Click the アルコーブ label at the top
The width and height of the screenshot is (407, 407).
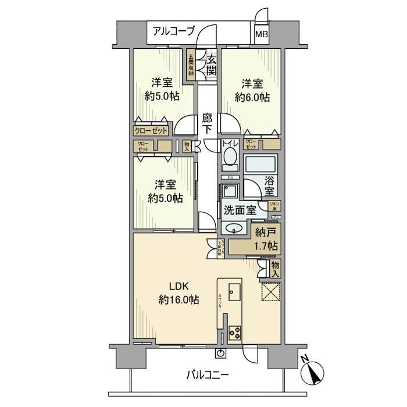point(173,31)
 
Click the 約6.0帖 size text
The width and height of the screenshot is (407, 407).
point(252,97)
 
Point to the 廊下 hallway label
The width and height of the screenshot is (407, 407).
point(208,123)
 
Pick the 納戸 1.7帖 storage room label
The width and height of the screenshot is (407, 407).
point(266,240)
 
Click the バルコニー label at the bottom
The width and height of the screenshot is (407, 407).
point(207,375)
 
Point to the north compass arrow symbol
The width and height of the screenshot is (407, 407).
point(315,372)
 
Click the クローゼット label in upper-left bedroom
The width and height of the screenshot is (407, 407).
point(151,131)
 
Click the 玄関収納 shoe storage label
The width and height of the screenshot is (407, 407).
point(191,65)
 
